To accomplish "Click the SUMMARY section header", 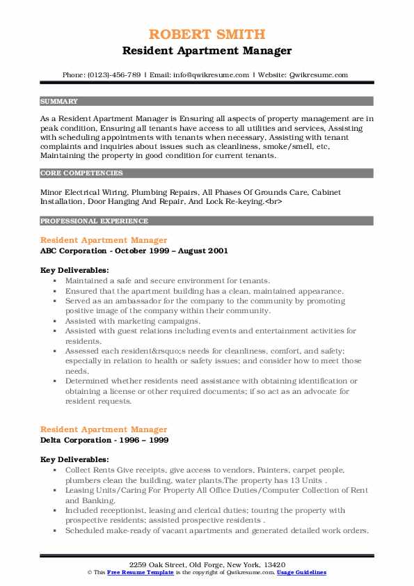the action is click(x=59, y=101).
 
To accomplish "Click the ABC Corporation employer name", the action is click(x=70, y=251).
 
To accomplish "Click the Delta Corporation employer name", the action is click(x=72, y=441).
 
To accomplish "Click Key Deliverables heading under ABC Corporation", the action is click(x=74, y=270).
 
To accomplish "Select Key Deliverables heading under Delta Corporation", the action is click(x=74, y=460).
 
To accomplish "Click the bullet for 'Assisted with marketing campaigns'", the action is click(x=54, y=321).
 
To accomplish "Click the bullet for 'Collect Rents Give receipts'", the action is click(x=54, y=470).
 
